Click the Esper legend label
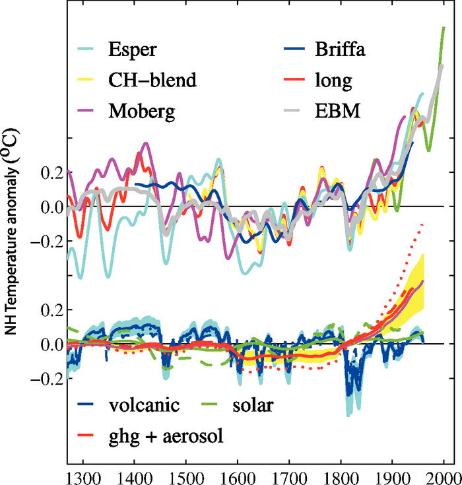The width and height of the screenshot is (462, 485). [x=133, y=50]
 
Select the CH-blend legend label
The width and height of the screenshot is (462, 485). [x=152, y=81]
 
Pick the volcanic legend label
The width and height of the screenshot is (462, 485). [x=145, y=404]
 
